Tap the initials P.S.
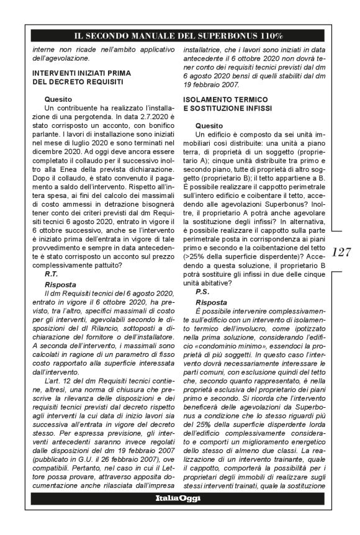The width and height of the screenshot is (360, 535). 202,290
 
